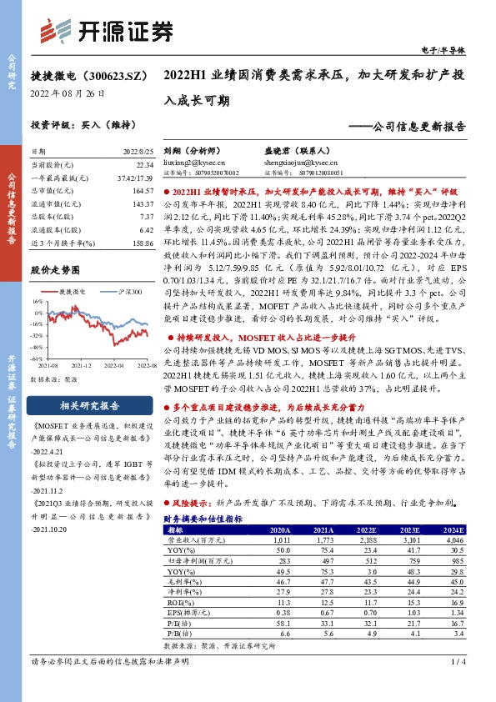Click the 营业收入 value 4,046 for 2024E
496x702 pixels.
(453, 539)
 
